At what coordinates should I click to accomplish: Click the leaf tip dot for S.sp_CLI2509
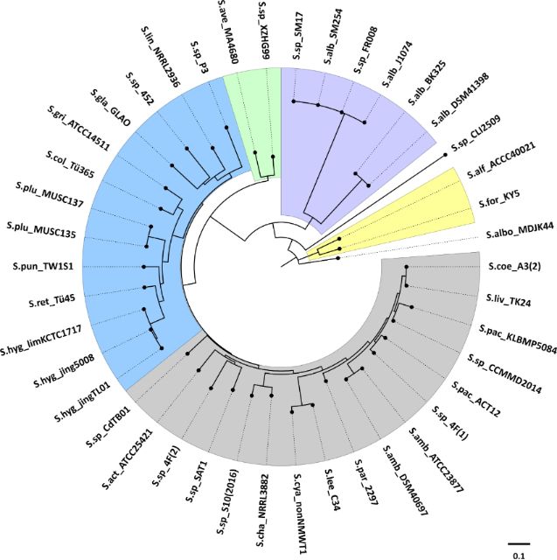[x=446, y=154]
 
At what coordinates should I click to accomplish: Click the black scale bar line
[x=519, y=540]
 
